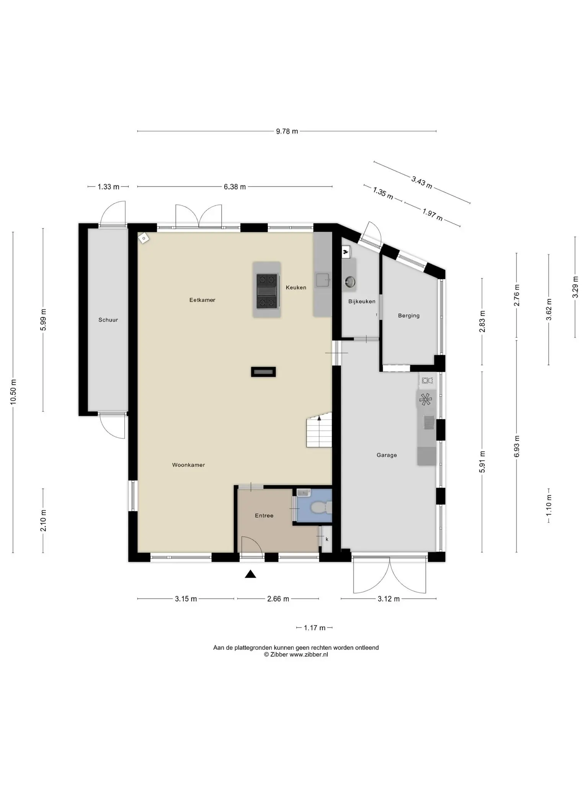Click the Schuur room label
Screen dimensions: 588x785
[108, 320]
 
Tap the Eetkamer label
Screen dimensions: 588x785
[202, 300]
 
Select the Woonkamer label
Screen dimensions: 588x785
[188, 465]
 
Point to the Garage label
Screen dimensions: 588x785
[387, 455]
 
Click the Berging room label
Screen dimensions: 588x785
[409, 315]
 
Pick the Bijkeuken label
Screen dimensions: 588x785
[362, 301]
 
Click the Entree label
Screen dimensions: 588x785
[264, 516]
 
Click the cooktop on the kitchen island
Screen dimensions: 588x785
[267, 290]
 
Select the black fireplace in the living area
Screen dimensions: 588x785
[263, 372]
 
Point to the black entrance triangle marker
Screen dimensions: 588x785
[250, 574]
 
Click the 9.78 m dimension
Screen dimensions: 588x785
[287, 131]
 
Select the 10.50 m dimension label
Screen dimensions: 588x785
[13, 392]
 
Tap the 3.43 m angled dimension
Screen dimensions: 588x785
[422, 182]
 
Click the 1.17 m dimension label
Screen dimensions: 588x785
[315, 628]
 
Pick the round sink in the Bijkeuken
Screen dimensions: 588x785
[350, 282]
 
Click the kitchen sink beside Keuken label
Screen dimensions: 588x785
[323, 280]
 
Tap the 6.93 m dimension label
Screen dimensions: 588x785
[517, 446]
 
